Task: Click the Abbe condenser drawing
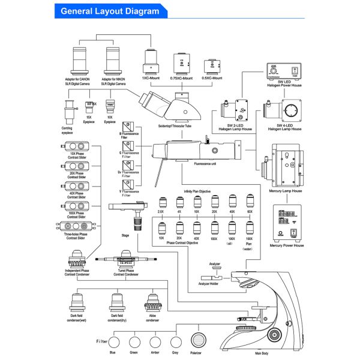(x=152, y=301)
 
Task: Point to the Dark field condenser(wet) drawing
(x=79, y=301)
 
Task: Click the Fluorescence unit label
(x=204, y=162)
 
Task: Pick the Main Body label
(x=261, y=353)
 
